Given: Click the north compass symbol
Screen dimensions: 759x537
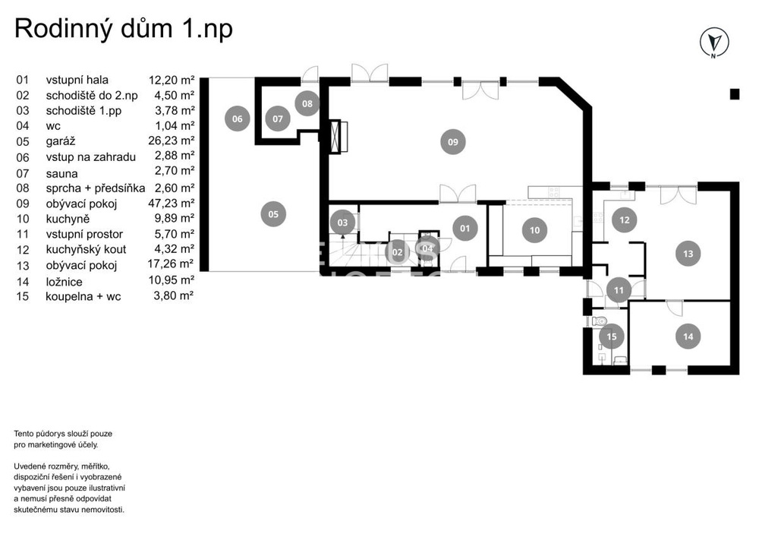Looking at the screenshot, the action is [x=714, y=42].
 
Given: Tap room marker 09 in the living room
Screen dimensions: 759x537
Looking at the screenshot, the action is [x=452, y=142].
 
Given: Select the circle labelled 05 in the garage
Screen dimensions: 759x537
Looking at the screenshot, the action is [x=273, y=214].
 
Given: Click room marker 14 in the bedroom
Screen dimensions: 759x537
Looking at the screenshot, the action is [x=688, y=336].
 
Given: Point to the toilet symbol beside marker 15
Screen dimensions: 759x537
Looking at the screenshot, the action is [x=599, y=321].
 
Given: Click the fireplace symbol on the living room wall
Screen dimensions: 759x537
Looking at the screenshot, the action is [x=339, y=137].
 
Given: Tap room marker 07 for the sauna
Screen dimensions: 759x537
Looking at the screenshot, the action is [x=277, y=118].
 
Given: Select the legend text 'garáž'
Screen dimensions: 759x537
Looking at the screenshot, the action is [x=61, y=141].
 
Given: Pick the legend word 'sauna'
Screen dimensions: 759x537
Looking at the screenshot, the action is [x=61, y=173].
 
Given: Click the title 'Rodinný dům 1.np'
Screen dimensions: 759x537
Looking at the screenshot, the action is [x=124, y=29].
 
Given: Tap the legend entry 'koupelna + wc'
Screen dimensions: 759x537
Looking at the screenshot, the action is [x=83, y=296].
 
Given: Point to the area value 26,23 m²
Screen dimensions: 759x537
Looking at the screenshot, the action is [x=172, y=141].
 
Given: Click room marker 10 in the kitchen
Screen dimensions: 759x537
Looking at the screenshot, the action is [x=534, y=230].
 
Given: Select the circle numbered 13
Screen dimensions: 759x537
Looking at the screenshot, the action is [x=688, y=253].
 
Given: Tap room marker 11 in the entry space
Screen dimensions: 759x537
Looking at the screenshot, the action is [x=619, y=291].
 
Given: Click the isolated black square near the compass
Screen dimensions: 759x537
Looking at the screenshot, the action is [x=734, y=94].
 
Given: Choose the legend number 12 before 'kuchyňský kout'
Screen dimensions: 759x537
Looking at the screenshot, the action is [x=23, y=249].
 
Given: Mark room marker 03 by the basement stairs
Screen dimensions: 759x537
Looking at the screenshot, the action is [x=342, y=223].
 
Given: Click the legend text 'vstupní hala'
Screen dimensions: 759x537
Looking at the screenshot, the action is [x=77, y=80].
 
